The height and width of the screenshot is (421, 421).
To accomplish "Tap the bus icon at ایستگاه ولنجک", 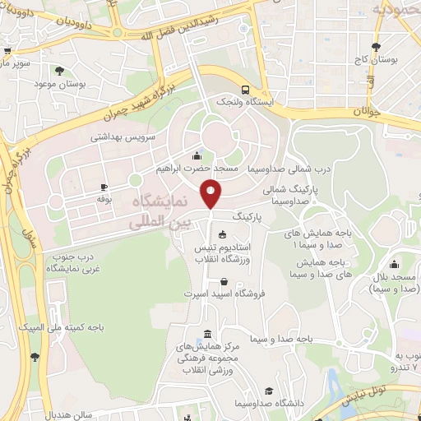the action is [x=246, y=90].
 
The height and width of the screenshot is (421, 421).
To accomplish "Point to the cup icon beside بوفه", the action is [x=104, y=187].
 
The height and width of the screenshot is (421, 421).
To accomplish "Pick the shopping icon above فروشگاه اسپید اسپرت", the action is [x=224, y=282].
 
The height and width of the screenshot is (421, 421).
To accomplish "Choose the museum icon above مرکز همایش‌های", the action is [x=206, y=334].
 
